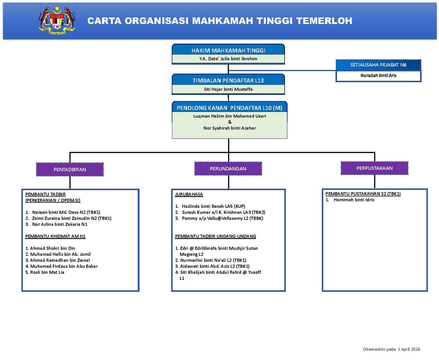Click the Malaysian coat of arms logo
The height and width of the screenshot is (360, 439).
[x=57, y=20]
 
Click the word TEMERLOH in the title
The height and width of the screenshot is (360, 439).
[x=324, y=21]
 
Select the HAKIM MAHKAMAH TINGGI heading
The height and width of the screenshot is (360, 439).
[x=228, y=50]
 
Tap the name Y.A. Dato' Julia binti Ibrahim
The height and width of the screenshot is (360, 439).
[x=228, y=59]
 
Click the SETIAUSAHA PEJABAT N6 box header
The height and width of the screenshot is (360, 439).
[x=378, y=65]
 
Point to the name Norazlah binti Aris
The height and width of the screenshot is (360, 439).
[x=378, y=75]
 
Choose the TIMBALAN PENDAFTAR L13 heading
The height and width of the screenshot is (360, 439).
[x=228, y=80]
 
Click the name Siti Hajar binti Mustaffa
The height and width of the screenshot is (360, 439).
[x=228, y=89]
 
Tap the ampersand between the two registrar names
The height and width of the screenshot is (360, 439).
[x=230, y=122]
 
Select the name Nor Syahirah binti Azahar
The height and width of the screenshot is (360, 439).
[x=230, y=128]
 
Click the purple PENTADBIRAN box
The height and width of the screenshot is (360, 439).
[x=70, y=170]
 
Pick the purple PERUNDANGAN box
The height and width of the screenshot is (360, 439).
[x=228, y=169]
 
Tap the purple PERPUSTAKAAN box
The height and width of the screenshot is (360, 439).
[x=374, y=168]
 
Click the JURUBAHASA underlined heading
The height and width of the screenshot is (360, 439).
[x=189, y=194]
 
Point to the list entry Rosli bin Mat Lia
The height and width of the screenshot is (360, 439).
[x=47, y=272]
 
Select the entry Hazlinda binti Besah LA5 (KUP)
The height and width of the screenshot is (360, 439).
[x=213, y=206]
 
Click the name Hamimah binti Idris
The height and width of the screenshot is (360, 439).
[x=354, y=200]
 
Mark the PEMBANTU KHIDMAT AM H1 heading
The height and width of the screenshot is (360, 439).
[x=55, y=236]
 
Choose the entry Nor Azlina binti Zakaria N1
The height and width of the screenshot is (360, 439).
[x=60, y=224]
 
